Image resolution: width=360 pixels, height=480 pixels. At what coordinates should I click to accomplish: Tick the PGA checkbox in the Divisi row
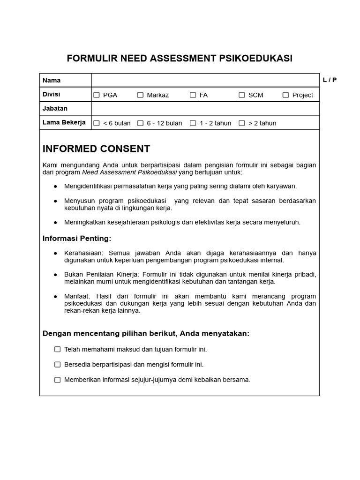point(97,95)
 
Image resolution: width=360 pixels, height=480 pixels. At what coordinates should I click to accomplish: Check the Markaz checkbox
point(141,95)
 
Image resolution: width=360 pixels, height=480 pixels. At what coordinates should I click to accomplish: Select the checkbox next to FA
point(193,95)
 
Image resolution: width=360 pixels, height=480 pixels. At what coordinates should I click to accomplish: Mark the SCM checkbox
point(242,95)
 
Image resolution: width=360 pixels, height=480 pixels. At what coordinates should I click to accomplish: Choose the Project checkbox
point(286,95)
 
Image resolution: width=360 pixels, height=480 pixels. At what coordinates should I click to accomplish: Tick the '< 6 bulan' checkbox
point(97,123)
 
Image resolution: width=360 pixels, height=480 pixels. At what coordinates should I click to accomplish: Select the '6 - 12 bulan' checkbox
point(141,123)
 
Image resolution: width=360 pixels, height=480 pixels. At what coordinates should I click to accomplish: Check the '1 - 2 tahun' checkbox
point(193,123)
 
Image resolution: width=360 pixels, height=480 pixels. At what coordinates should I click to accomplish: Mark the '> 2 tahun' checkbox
point(242,123)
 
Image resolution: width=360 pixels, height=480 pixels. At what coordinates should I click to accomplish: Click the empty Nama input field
point(205,80)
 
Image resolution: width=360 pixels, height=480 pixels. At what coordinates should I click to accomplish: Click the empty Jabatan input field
point(205,109)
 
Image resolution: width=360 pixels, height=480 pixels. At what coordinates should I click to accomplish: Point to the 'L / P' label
point(330,80)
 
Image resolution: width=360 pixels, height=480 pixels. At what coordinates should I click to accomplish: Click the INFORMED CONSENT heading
point(96,149)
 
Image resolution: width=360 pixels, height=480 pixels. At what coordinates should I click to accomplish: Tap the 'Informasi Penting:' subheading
point(77,239)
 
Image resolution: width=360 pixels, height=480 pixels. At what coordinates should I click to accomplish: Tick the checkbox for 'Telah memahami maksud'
point(58,349)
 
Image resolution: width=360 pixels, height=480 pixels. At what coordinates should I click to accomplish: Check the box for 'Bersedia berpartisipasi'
point(58,364)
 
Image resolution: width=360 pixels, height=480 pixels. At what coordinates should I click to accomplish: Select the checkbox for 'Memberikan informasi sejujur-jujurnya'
point(58,380)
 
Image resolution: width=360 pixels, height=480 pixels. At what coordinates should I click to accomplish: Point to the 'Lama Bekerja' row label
point(64,122)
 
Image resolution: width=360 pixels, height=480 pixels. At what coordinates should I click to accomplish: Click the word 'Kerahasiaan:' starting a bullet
point(84,253)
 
